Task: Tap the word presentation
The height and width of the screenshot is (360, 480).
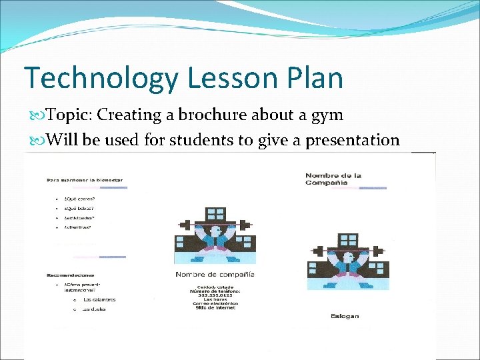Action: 353,141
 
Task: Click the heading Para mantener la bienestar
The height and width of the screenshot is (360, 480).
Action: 84,179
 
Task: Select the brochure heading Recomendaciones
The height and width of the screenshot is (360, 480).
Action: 71,274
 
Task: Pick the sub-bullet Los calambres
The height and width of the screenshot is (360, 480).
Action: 99,299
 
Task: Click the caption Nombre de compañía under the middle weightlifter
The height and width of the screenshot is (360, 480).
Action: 215,275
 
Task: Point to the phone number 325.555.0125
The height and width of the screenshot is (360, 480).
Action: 215,296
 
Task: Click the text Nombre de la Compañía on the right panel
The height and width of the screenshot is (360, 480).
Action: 333,179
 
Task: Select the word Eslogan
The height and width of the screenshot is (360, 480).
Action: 344,315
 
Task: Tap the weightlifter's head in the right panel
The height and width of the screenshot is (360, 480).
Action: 345,258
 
